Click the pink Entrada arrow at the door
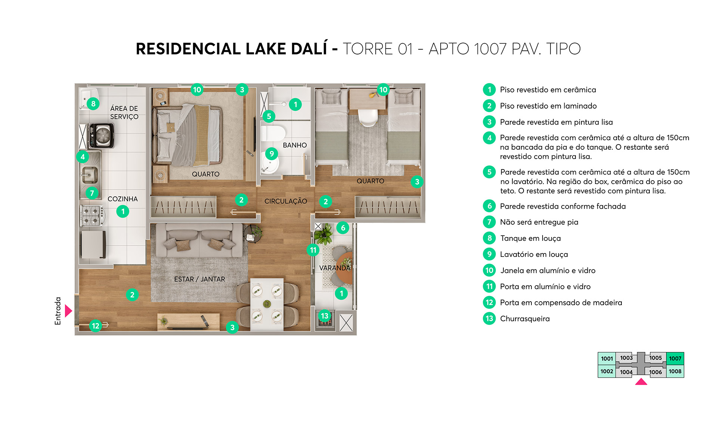[x=68, y=311]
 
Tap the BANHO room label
[x=295, y=145]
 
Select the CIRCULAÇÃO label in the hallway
[x=286, y=201]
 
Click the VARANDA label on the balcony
[x=335, y=268]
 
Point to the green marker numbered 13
[x=325, y=316]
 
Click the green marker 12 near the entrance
[x=96, y=326]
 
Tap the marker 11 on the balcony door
[x=313, y=250]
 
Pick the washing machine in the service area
[x=101, y=135]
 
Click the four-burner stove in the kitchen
[x=92, y=216]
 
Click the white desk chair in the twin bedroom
[x=368, y=117]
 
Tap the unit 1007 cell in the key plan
[x=675, y=358]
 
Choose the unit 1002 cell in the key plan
[x=606, y=371]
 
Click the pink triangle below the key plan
[x=641, y=382]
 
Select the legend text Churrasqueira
[x=525, y=319]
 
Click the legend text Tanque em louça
[x=530, y=238]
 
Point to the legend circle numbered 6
[x=489, y=206]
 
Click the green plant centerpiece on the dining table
[x=267, y=303]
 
